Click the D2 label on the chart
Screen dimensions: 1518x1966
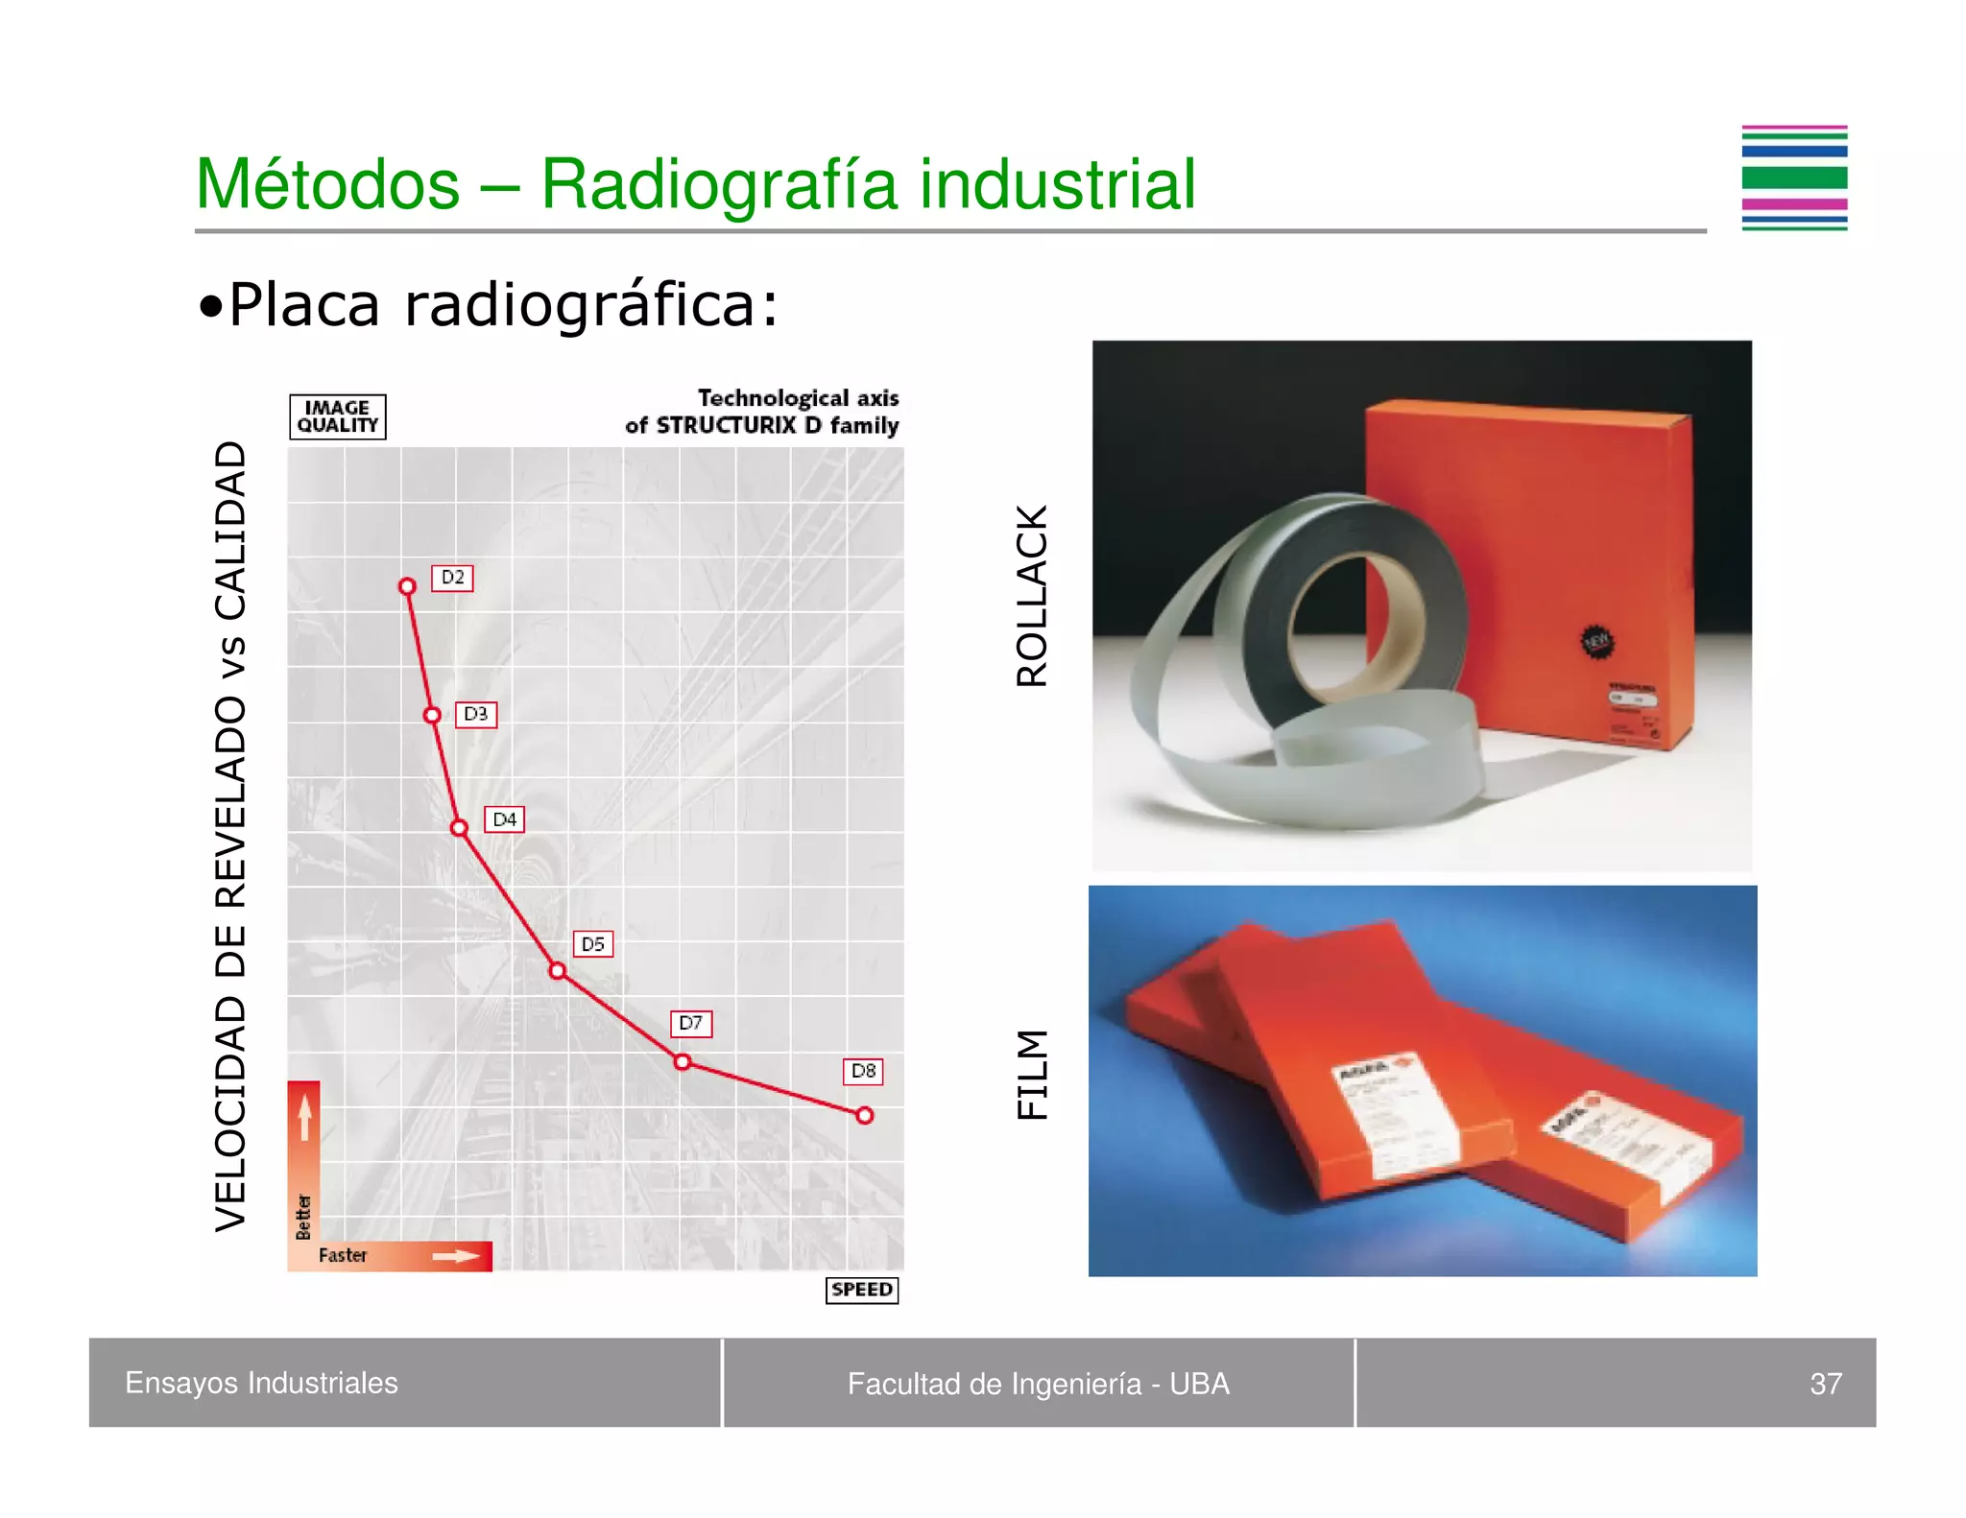pos(452,578)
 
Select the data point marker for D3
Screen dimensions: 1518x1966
pos(432,715)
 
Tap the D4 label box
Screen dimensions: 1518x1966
pos(504,819)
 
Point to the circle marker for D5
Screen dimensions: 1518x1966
pos(558,971)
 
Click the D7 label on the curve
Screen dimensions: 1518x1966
pos(690,1023)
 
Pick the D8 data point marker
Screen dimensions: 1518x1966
pos(865,1115)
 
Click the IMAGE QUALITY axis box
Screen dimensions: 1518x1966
pos(338,416)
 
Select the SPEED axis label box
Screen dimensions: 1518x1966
pos(861,1290)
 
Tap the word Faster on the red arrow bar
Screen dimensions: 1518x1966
pos(343,1255)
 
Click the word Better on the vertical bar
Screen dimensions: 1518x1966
pos(303,1217)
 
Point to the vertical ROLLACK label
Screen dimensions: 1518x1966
pos(1032,596)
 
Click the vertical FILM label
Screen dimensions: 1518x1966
pos(1032,1074)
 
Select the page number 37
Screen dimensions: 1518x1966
pos(1825,1384)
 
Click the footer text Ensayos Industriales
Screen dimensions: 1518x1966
pos(261,1383)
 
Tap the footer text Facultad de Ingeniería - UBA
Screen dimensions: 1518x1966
pos(1038,1384)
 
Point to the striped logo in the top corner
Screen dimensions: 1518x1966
pos(1794,178)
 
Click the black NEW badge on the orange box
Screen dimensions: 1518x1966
pos(1596,641)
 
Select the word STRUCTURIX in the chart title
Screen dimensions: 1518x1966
pos(727,425)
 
